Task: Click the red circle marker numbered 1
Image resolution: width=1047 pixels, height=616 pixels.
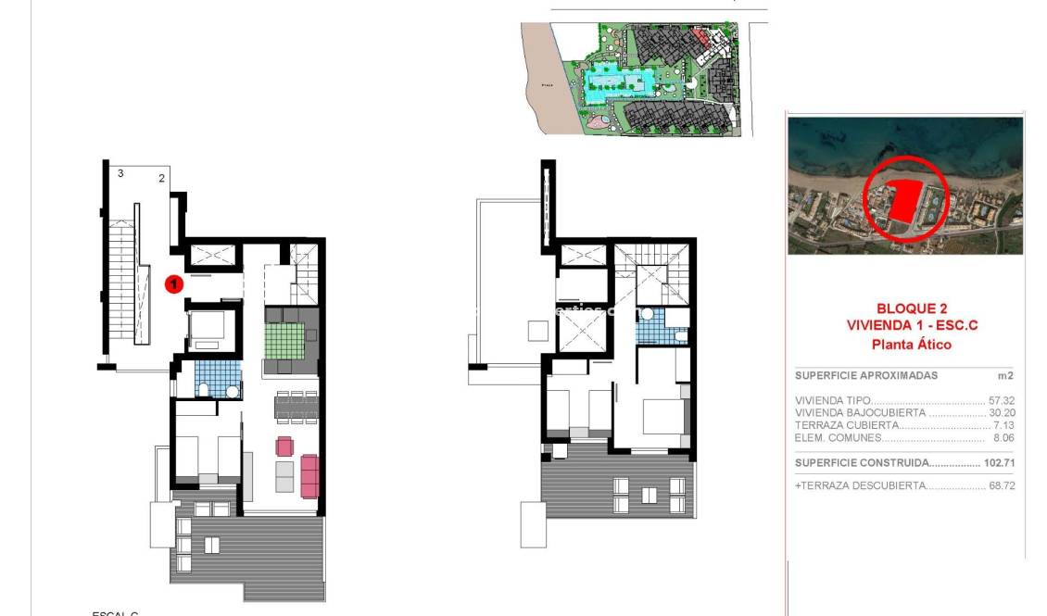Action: click(x=172, y=284)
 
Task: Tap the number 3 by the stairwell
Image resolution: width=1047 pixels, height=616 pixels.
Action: click(x=120, y=173)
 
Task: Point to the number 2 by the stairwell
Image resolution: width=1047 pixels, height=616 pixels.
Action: click(x=161, y=178)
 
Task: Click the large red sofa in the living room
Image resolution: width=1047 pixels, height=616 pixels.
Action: click(x=309, y=474)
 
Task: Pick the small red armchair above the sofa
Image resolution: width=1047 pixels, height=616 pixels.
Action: click(x=284, y=446)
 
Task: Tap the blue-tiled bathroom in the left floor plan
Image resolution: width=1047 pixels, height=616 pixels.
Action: click(x=218, y=379)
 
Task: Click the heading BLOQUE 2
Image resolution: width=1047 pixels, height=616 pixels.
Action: click(x=912, y=308)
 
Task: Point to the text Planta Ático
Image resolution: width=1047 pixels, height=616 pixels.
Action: click(x=912, y=345)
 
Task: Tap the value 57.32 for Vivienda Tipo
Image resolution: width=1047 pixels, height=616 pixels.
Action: click(x=1001, y=401)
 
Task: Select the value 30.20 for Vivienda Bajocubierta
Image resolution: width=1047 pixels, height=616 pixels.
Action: click(x=1001, y=413)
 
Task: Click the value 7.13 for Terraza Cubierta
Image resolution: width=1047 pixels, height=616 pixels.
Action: click(x=1003, y=425)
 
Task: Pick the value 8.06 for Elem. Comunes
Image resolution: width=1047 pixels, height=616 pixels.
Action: click(x=1003, y=437)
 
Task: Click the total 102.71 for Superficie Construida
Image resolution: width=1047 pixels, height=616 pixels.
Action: click(x=999, y=462)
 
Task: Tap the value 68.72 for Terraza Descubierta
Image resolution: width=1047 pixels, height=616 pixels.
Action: click(x=1001, y=485)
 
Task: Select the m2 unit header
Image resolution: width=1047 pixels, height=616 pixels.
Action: click(x=1005, y=376)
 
